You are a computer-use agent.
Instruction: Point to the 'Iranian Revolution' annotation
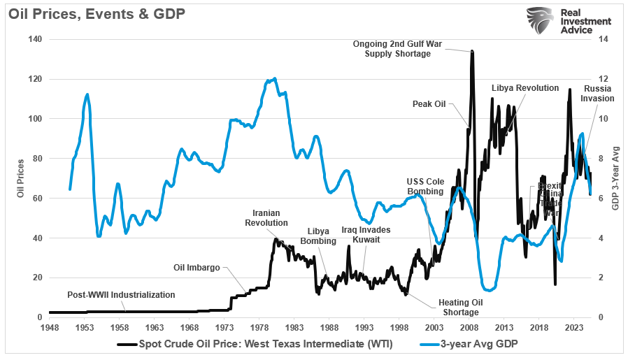pos(266,218)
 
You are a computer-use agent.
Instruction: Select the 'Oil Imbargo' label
pos(197,267)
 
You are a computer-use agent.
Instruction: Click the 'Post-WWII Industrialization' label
pos(121,295)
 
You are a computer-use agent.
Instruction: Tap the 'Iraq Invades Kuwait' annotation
pos(366,235)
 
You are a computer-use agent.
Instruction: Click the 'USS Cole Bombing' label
pos(425,187)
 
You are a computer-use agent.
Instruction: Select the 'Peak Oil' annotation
pos(429,104)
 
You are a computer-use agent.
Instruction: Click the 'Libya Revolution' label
pos(524,88)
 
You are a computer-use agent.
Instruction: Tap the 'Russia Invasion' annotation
pos(598,94)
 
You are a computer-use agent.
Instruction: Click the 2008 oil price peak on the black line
pos(473,52)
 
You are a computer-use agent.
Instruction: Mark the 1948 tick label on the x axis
pos(49,327)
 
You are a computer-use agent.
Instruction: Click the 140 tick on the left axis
pos(34,40)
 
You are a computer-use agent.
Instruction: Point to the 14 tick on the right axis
pos(599,40)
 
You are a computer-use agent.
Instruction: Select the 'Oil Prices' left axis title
pos(20,178)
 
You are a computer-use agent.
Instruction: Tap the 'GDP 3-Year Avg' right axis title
pos(617,178)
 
